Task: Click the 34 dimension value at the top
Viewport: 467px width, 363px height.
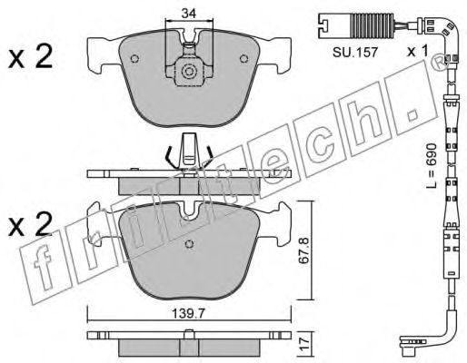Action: point(189,13)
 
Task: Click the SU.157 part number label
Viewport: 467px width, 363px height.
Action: point(355,53)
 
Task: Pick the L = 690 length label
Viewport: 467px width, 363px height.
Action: point(432,165)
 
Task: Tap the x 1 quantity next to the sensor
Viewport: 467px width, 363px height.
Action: point(418,51)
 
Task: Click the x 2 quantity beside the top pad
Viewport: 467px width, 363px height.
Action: point(30,56)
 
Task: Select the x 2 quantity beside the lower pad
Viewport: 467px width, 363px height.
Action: point(30,224)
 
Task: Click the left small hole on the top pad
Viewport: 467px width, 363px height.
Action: point(134,59)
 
